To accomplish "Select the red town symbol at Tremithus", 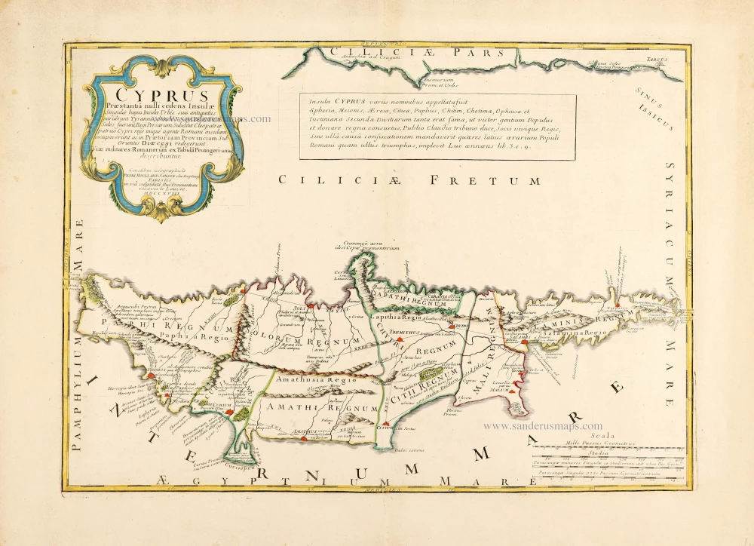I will coord(399,341).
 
